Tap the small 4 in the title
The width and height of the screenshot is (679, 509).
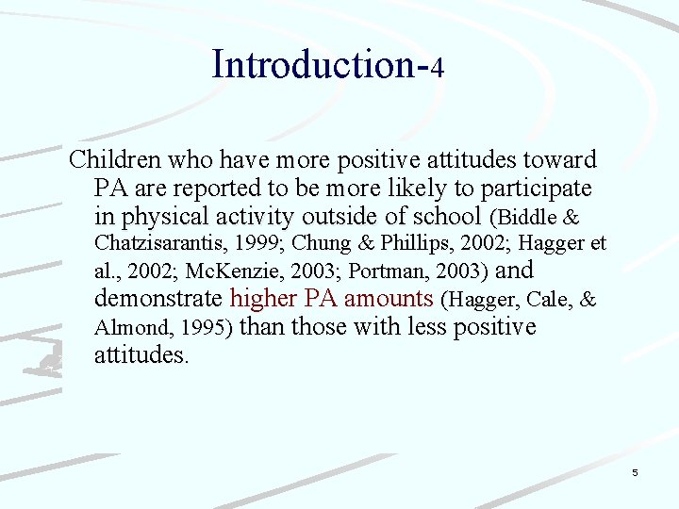click(438, 68)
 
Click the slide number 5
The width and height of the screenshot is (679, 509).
click(635, 472)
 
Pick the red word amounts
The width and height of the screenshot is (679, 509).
click(389, 300)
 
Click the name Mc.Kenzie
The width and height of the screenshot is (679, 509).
click(235, 272)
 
